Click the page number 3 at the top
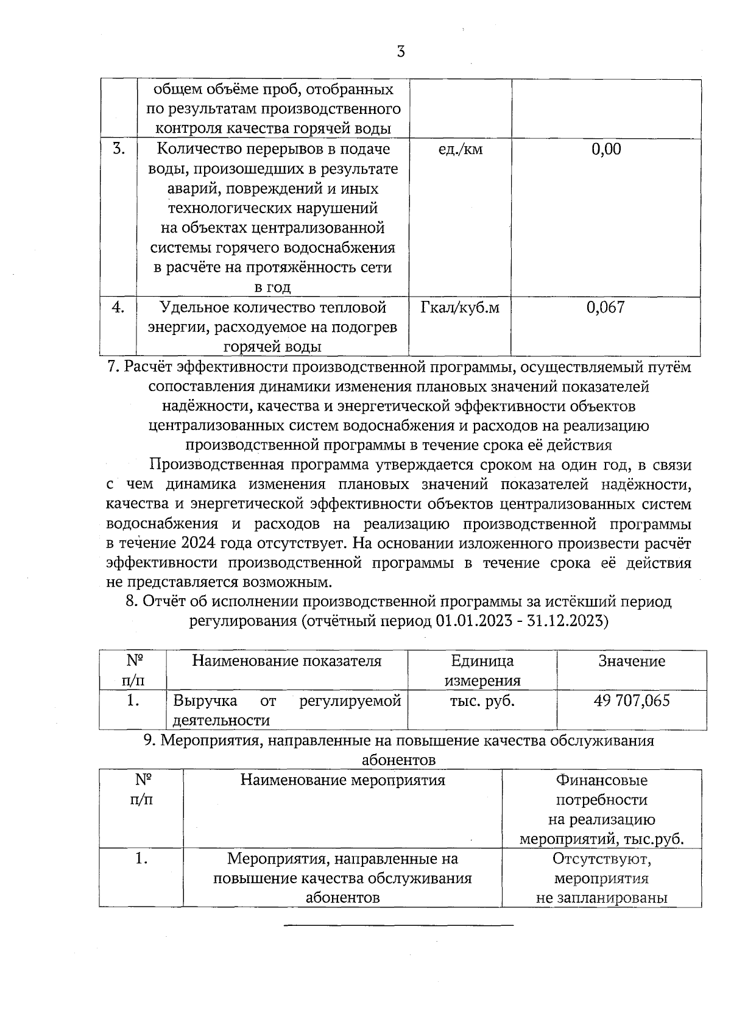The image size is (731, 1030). pyautogui.click(x=400, y=52)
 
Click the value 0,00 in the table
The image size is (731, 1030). pyautogui.click(x=606, y=149)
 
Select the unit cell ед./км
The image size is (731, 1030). pyautogui.click(x=460, y=149)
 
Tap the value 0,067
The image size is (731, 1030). pyautogui.click(x=606, y=308)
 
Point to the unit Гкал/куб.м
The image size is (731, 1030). pyautogui.click(x=460, y=308)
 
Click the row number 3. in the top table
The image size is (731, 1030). pyautogui.click(x=119, y=149)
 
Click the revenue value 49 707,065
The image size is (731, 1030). pyautogui.click(x=632, y=700)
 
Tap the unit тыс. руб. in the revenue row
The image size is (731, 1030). pyautogui.click(x=482, y=701)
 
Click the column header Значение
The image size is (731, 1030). pyautogui.click(x=632, y=661)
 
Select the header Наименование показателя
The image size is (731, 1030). pyautogui.click(x=286, y=661)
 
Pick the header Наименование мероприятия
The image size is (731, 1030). pyautogui.click(x=342, y=780)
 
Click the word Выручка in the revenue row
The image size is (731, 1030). pyautogui.click(x=205, y=701)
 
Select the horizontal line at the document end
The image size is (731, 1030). pyautogui.click(x=399, y=925)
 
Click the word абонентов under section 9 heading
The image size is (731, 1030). pyautogui.click(x=399, y=761)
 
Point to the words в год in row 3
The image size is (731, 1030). pyautogui.click(x=272, y=287)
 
